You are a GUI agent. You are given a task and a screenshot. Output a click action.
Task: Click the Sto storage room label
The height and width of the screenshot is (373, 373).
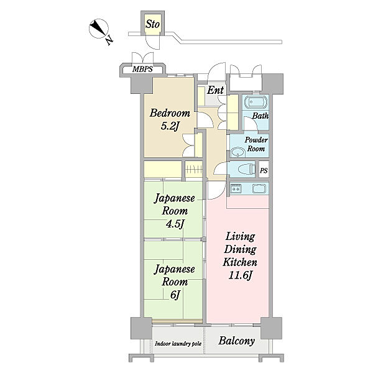(152, 24)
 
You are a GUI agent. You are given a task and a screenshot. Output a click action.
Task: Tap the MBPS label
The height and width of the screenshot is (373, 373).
(142, 69)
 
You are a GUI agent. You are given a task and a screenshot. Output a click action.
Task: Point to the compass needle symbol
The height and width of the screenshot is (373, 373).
(98, 29)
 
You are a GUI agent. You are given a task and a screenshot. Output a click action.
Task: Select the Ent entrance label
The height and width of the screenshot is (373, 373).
(215, 90)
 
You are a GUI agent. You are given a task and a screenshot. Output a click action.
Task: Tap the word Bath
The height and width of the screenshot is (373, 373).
(260, 116)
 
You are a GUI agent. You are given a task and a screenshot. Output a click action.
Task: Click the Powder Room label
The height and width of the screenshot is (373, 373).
(256, 144)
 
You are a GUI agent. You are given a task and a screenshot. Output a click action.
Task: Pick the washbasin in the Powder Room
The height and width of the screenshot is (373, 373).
(238, 152)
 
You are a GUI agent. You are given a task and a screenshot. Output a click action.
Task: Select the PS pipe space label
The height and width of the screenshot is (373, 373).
(264, 170)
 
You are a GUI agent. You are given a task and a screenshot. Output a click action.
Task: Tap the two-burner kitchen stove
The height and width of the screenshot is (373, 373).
(236, 188)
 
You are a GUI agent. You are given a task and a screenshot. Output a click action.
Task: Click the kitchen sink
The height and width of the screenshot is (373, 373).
(259, 188)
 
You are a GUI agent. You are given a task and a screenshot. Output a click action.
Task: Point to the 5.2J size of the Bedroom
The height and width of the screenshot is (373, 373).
(170, 126)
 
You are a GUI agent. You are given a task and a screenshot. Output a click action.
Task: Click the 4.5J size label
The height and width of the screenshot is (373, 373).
(175, 224)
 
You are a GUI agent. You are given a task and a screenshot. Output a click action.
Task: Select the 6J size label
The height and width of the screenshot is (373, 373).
(175, 295)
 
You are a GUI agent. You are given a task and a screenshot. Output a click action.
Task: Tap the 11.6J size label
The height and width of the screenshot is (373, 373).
(240, 275)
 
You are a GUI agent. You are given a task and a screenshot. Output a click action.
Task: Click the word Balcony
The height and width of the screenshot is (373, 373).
(236, 341)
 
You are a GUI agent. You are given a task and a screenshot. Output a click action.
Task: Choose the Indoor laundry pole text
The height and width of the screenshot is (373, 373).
(178, 344)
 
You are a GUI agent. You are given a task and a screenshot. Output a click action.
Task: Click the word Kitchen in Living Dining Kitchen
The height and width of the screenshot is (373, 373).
(240, 262)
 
